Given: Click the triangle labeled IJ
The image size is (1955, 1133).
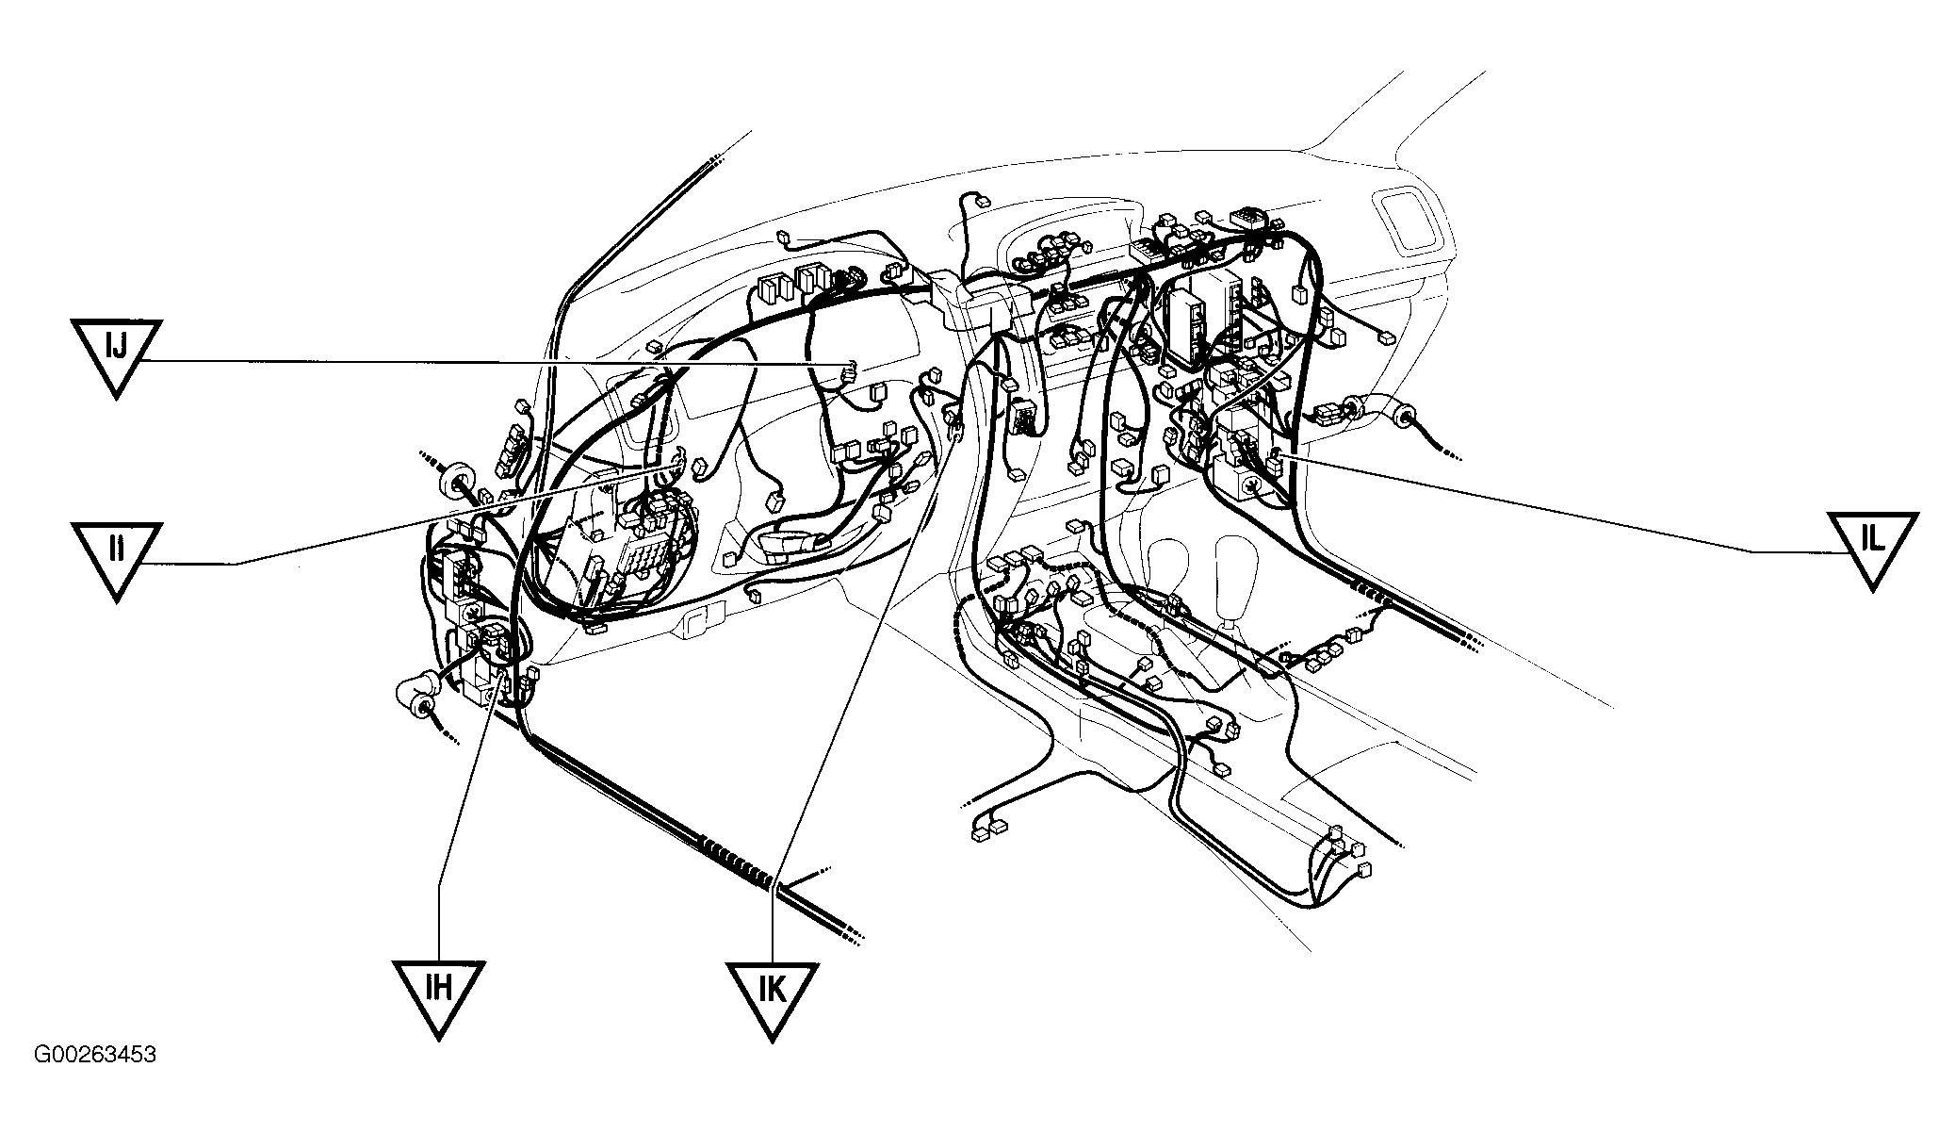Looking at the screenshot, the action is [116, 354].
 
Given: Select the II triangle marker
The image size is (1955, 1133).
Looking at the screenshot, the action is [116, 556].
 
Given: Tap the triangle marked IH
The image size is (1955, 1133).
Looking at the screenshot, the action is [439, 994].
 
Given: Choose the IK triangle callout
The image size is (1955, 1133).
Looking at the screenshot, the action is [772, 996].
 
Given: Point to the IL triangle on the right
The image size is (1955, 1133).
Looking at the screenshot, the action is [1872, 547].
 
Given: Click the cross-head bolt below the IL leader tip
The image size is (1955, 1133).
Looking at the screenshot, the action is [1252, 486].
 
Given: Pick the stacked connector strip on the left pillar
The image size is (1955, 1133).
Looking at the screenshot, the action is [513, 452].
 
